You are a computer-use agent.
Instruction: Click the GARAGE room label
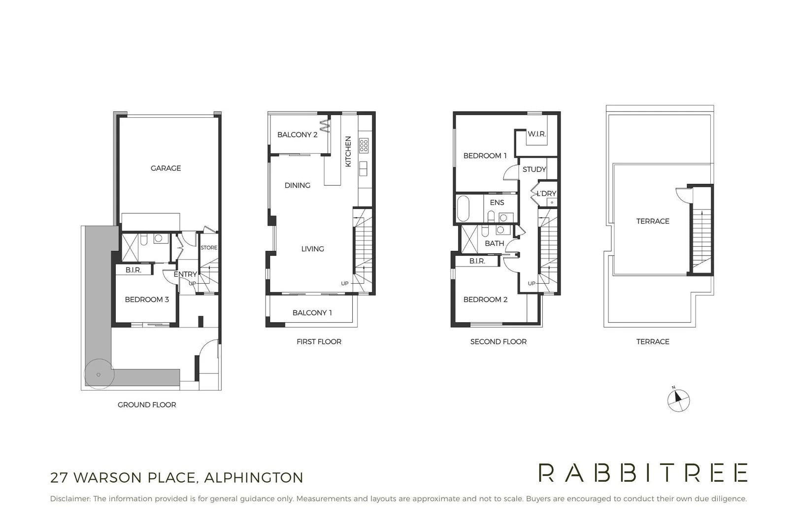pyautogui.click(x=166, y=168)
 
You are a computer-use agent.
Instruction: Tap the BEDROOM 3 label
pyautogui.click(x=147, y=299)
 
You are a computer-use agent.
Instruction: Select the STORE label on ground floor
pyautogui.click(x=209, y=248)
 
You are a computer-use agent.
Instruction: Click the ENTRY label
pyautogui.click(x=185, y=274)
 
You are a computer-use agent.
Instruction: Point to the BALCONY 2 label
pyautogui.click(x=297, y=134)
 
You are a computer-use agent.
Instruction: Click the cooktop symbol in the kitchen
pyautogui.click(x=364, y=145)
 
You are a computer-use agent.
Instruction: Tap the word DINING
pyautogui.click(x=298, y=185)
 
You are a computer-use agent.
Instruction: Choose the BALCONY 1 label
pyautogui.click(x=312, y=313)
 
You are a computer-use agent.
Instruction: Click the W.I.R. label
pyautogui.click(x=536, y=134)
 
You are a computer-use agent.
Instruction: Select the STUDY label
pyautogui.click(x=534, y=169)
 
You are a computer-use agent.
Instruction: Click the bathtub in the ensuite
pyautogui.click(x=464, y=209)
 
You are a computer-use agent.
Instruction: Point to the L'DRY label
pyautogui.click(x=546, y=194)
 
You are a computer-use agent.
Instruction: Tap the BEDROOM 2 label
pyautogui.click(x=485, y=299)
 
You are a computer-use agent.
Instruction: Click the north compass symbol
pyautogui.click(x=678, y=399)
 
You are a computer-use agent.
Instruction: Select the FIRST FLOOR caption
pyautogui.click(x=319, y=342)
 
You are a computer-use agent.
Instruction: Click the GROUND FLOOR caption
pyautogui.click(x=147, y=405)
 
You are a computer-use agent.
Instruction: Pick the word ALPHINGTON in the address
pyautogui.click(x=254, y=478)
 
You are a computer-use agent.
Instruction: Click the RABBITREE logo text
pyautogui.click(x=643, y=473)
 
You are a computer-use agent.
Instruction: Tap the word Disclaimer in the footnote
pyautogui.click(x=70, y=499)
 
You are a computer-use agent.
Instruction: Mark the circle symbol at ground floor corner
pyautogui.click(x=99, y=375)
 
